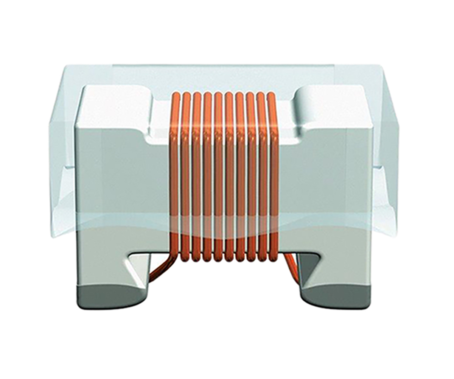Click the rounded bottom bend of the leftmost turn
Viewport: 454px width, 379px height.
pyautogui.click(x=175, y=257)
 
